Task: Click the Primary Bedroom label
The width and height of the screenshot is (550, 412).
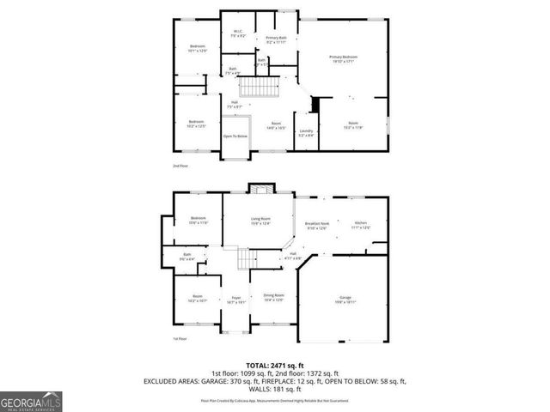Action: [x=343, y=59]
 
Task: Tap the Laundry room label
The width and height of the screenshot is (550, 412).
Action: [x=306, y=133]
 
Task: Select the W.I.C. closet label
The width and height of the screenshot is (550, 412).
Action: [x=239, y=34]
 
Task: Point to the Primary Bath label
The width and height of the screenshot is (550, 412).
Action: [x=276, y=39]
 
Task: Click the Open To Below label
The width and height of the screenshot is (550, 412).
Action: [x=235, y=136]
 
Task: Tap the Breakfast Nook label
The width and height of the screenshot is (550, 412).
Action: [x=317, y=227]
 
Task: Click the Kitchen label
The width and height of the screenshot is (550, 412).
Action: [x=361, y=226]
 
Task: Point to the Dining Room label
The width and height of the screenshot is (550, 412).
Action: [x=273, y=298]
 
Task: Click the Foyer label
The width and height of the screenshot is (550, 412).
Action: [x=235, y=300]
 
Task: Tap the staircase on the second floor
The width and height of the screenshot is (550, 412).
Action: [x=260, y=88]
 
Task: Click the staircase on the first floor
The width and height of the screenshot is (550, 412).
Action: [x=247, y=258]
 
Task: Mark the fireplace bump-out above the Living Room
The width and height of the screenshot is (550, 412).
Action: [x=260, y=188]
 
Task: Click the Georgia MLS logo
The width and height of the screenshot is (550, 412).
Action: [x=31, y=401]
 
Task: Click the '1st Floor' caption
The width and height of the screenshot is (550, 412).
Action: [x=180, y=339]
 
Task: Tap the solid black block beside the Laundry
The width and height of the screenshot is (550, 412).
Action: [x=315, y=104]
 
